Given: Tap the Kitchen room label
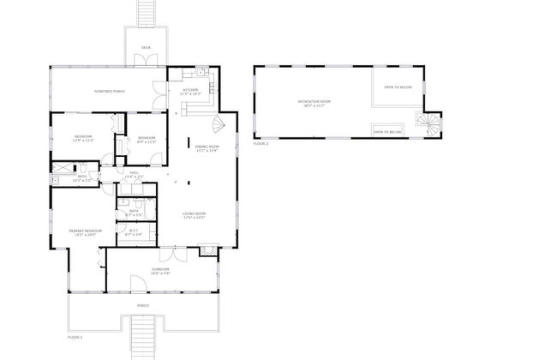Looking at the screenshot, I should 190,91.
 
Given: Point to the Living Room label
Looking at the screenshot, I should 196,215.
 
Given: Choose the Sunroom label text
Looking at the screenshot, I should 160,273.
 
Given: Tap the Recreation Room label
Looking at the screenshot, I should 314,103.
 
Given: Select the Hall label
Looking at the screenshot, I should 134,175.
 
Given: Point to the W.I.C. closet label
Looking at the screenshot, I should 135,231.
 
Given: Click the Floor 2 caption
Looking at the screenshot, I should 261,144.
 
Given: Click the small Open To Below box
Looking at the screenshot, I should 388,132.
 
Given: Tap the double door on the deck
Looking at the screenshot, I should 145,60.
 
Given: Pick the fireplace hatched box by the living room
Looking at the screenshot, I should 207,250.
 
